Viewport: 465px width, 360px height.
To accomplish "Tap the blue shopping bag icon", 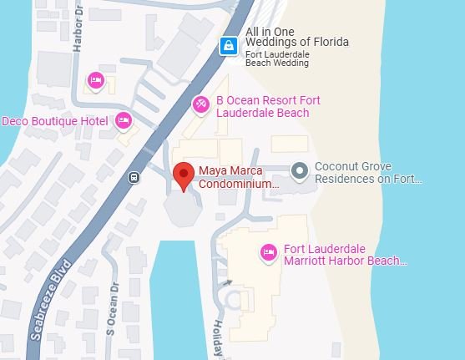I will pos(226,47).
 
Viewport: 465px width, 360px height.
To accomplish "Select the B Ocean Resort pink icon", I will pos(200,104).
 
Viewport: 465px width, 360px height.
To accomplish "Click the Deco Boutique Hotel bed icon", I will pos(124,121).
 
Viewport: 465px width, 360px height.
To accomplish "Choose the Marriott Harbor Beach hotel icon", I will pos(268,251).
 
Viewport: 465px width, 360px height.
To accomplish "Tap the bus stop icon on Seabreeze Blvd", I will pos(134,177).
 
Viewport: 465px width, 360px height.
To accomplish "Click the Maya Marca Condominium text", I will pos(238,178).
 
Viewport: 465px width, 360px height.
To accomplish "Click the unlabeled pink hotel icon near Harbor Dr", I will pos(95,80).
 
